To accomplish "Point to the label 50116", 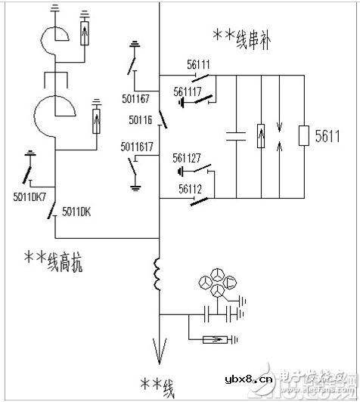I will pyautogui.click(x=141, y=119).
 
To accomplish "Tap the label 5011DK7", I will pyautogui.click(x=30, y=197).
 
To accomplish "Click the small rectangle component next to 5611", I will pyautogui.click(x=305, y=136).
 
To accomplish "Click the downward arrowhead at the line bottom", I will pyautogui.click(x=160, y=350).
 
